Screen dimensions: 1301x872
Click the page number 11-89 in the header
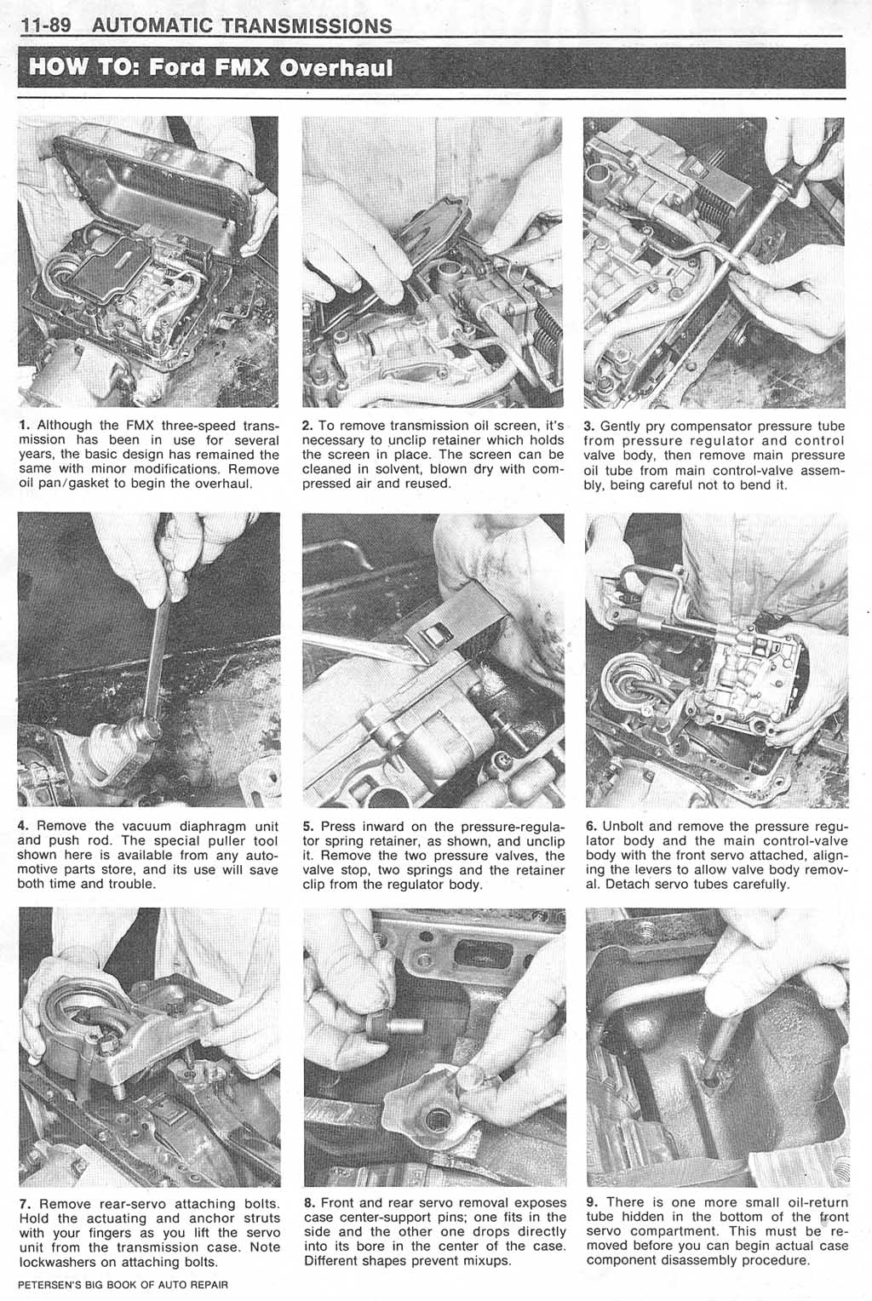point(46,26)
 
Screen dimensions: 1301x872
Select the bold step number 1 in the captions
point(22,425)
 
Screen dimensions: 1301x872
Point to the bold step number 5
point(307,826)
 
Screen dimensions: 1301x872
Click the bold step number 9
point(591,1202)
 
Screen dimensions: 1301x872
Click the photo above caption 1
point(148,262)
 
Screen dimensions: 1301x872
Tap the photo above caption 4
point(148,660)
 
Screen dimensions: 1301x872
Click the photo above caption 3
point(714,262)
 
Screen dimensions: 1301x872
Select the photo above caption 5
point(433,660)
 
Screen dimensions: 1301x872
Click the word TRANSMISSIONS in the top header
point(307,26)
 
